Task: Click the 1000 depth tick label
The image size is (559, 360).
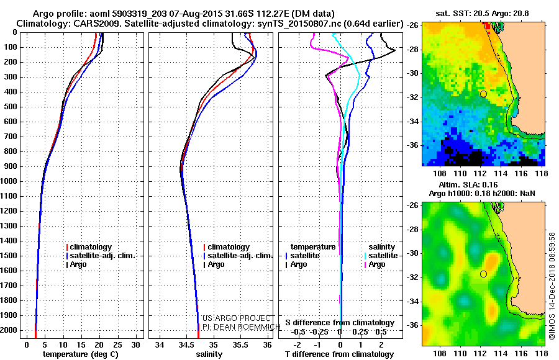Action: tap(11, 181)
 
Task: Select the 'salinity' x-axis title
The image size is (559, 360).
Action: tap(208, 354)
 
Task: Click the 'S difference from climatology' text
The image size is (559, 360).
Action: tap(339, 323)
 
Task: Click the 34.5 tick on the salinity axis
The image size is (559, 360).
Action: tap(186, 344)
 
